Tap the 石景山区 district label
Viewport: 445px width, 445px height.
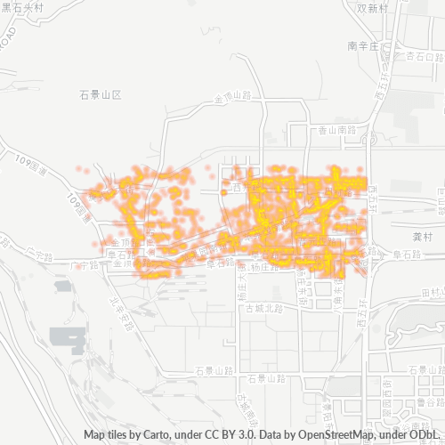tap(99, 93)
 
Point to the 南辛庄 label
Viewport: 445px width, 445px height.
tap(364, 44)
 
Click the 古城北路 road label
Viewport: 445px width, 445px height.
tap(264, 309)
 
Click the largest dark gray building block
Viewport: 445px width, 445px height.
tap(68, 337)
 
